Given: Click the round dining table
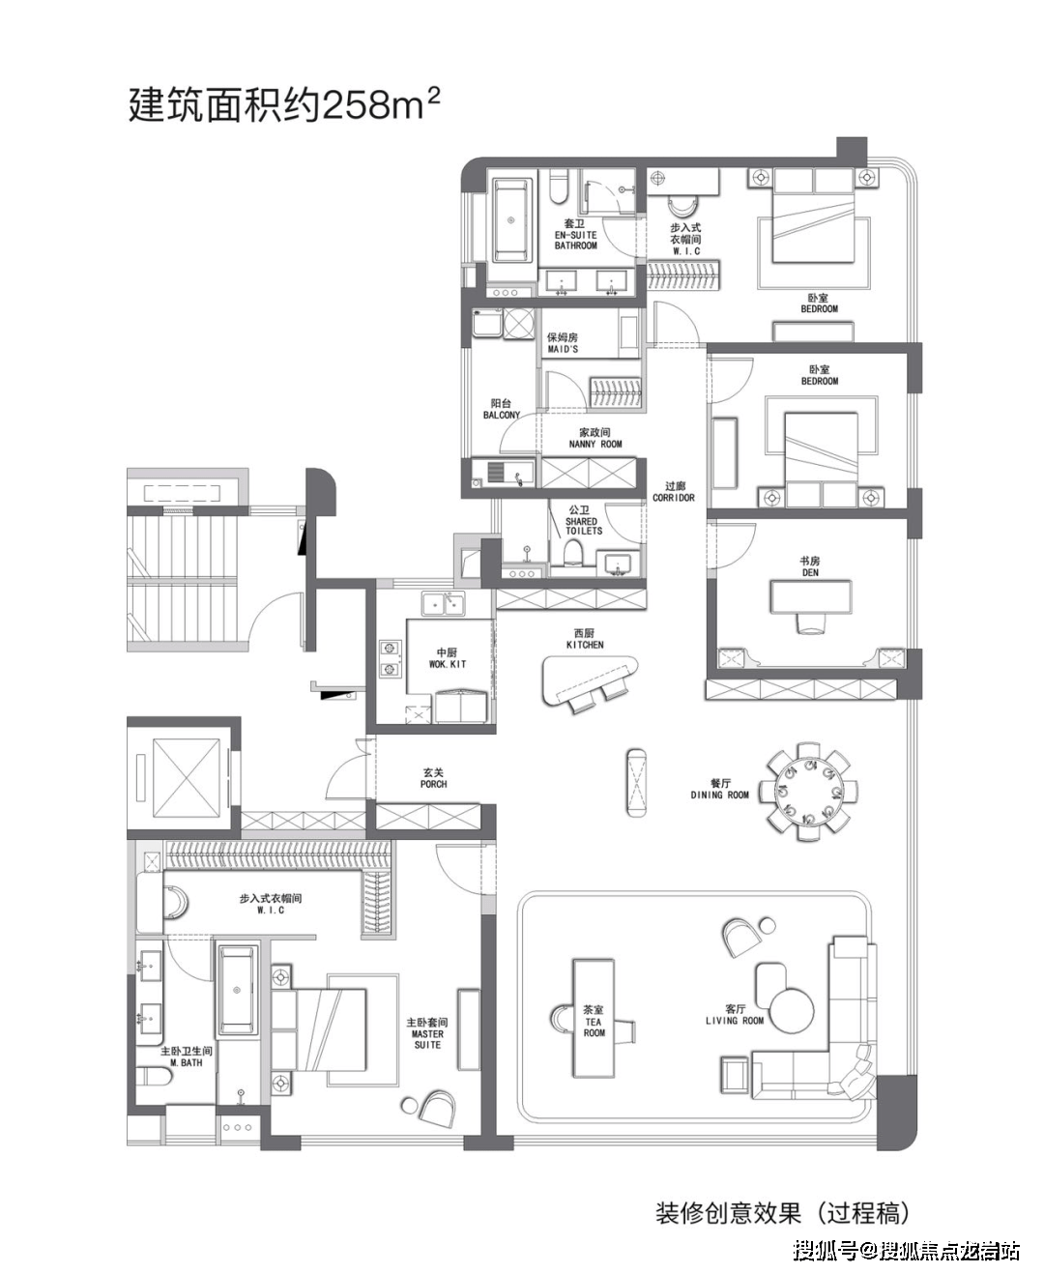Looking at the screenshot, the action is point(808,792).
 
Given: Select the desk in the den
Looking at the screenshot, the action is point(810,597).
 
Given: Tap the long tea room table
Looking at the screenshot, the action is point(594,1018).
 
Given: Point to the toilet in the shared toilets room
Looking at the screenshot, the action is point(572,552).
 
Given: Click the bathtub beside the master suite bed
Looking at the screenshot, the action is point(237,989).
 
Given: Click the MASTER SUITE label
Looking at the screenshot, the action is point(427,1032).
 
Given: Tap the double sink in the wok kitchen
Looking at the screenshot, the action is point(443,603).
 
